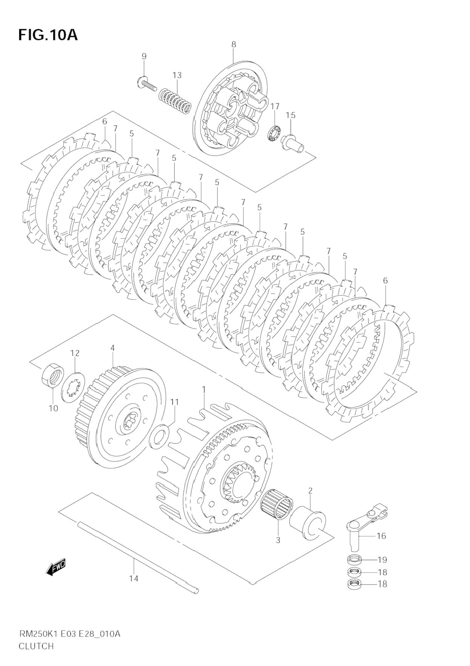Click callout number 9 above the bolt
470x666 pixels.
(x=144, y=56)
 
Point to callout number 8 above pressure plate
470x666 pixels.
(x=234, y=44)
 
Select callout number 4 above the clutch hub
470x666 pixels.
(x=112, y=348)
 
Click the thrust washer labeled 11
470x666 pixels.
(x=159, y=436)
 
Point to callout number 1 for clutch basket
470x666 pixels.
(x=204, y=389)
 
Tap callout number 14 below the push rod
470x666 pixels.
(x=134, y=578)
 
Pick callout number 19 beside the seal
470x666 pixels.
(x=382, y=560)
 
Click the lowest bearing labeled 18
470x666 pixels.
(x=354, y=584)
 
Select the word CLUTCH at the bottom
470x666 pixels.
(x=36, y=646)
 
